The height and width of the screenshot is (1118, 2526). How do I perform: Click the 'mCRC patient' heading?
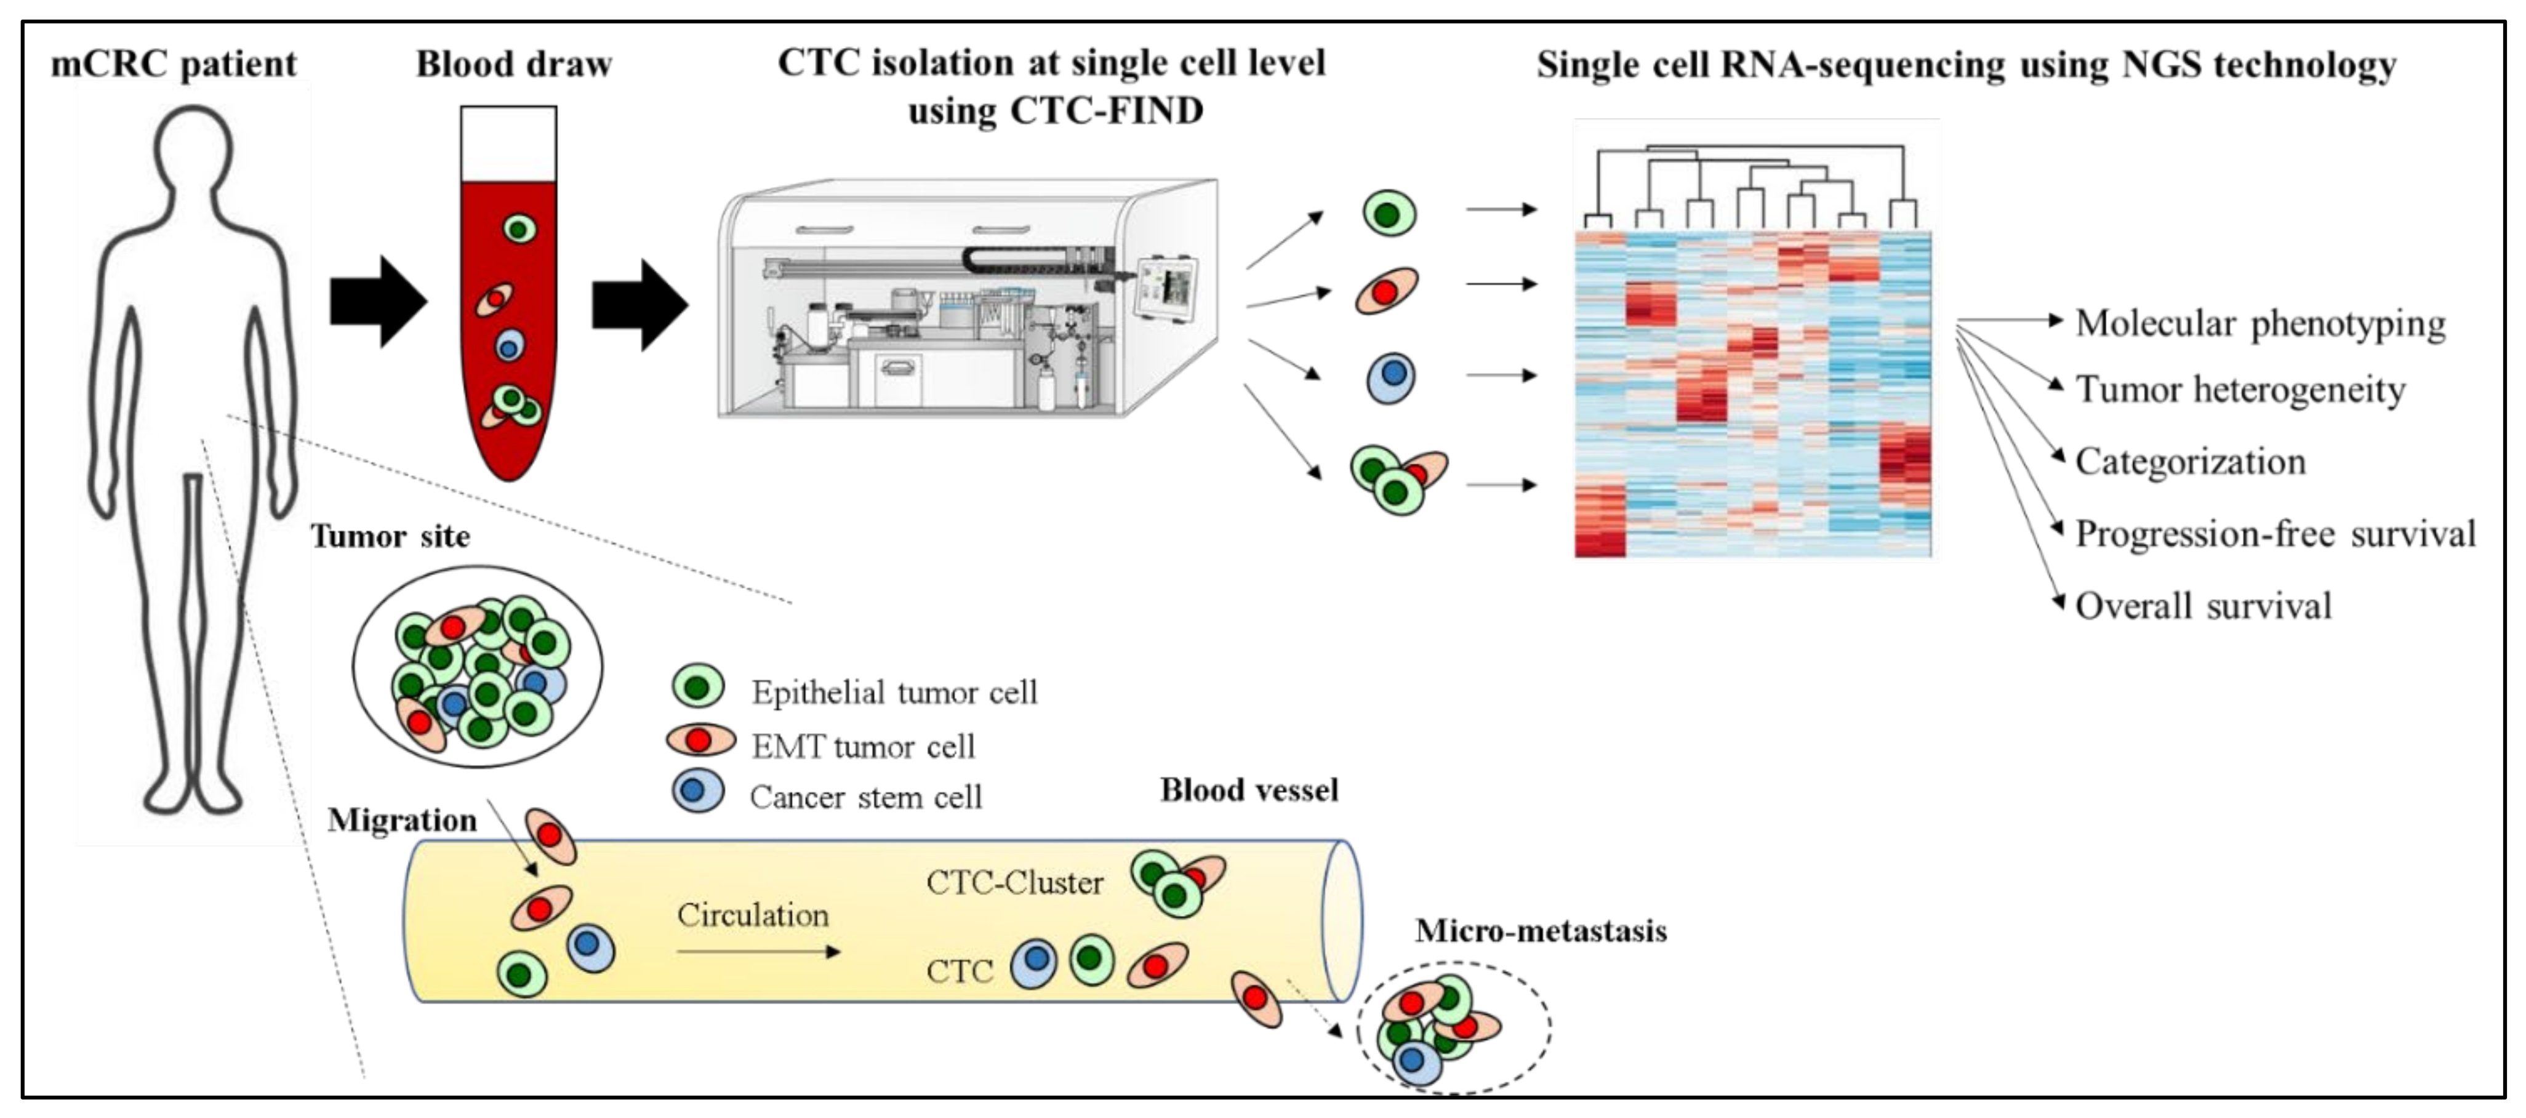pos(174,65)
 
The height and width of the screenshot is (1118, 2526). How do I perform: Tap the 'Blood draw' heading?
pos(514,65)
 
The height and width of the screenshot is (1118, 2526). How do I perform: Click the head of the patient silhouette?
pos(193,147)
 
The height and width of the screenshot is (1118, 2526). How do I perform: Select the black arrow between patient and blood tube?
pos(377,302)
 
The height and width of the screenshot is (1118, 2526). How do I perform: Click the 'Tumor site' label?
pos(390,536)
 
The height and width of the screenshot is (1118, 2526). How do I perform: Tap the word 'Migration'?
pos(402,820)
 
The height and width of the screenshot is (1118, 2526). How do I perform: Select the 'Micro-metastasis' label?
pos(1541,931)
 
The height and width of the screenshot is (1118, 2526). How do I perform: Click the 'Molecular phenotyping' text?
pos(2260,324)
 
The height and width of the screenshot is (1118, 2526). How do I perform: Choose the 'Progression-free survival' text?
pos(2275,534)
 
